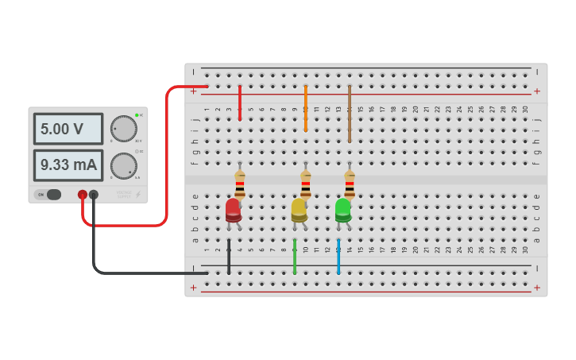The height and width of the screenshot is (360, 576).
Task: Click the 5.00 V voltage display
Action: [x=68, y=129]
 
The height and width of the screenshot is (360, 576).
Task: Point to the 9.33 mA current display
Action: [x=68, y=165]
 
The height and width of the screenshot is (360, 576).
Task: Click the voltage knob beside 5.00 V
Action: [x=123, y=129]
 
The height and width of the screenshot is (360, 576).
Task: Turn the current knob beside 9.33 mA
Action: [x=123, y=166]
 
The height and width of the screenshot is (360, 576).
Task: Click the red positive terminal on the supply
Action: [x=83, y=195]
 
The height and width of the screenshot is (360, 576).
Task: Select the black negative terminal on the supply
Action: [x=94, y=195]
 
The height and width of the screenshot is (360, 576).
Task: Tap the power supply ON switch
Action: [x=52, y=195]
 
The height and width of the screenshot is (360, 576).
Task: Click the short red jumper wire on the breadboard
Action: [x=240, y=103]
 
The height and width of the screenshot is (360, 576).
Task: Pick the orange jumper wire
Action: [x=305, y=108]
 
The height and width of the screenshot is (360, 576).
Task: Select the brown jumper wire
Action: [x=349, y=114]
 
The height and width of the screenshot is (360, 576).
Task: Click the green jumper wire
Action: [x=295, y=256]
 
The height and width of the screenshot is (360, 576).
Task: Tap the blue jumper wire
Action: [x=338, y=256]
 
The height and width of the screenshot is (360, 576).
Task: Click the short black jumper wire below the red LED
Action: [x=229, y=256]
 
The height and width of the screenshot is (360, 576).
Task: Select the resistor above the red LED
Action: [x=239, y=184]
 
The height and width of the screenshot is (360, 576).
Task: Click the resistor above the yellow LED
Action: [x=305, y=184]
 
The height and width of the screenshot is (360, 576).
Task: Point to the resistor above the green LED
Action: [x=349, y=184]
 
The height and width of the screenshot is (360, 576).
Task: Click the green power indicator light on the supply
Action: [x=137, y=115]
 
